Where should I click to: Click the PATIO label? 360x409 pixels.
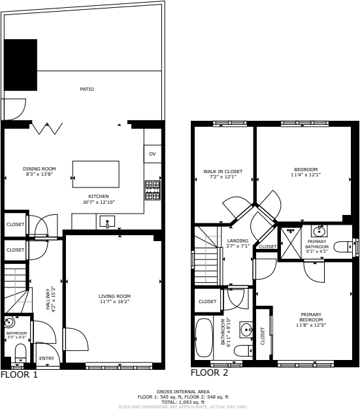[87, 89]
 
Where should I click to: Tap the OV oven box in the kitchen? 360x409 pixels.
[152, 154]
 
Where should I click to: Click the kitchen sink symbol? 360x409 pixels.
[108, 222]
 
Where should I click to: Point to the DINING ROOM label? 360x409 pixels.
[39, 169]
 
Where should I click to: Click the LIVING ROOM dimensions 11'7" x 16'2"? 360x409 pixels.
[114, 301]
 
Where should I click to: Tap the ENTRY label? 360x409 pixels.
[46, 358]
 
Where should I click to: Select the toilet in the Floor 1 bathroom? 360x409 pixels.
[19, 353]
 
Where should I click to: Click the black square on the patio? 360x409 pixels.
[21, 65]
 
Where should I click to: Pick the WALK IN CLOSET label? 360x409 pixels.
[222, 171]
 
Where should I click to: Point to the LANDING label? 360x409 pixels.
[238, 241]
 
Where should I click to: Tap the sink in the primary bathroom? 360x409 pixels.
[319, 231]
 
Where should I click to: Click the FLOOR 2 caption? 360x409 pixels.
[209, 372]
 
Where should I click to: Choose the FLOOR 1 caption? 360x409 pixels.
[19, 375]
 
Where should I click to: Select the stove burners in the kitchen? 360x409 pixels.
[152, 190]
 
